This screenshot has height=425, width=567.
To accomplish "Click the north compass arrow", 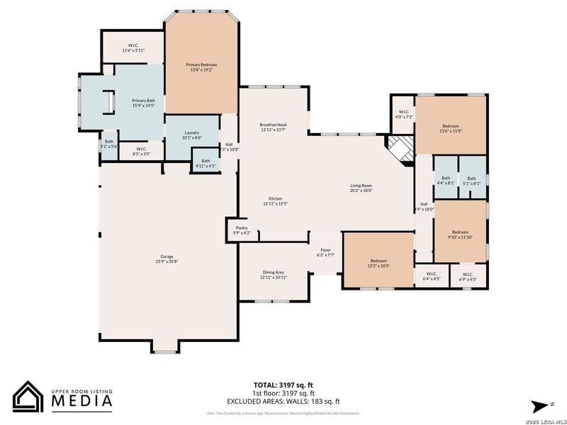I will point(539,404).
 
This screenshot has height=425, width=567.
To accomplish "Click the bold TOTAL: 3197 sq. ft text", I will point(283,385).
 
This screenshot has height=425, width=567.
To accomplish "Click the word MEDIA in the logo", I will point(82,402).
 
